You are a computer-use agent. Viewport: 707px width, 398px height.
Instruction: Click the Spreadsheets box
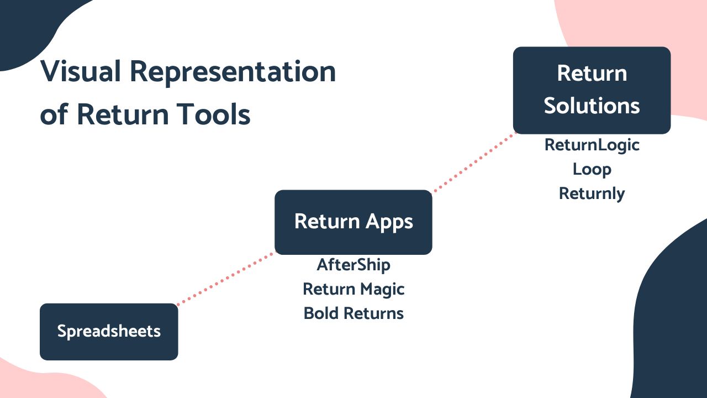tap(109, 332)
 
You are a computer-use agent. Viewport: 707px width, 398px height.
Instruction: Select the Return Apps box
tap(353, 222)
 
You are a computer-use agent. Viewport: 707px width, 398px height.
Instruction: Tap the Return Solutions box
tap(592, 90)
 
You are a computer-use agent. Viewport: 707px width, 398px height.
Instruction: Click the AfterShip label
tap(353, 265)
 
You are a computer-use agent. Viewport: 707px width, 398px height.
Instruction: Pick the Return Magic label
tap(353, 289)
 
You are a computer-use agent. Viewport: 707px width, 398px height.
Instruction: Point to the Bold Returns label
tap(353, 313)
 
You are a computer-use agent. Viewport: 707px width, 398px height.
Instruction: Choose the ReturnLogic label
tap(592, 145)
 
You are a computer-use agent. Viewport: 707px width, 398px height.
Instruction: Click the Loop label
tap(592, 169)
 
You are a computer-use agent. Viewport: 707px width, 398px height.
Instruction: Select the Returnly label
tap(592, 193)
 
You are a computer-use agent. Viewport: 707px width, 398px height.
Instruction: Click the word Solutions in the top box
tap(592, 106)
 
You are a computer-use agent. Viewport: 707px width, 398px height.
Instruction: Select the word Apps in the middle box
tap(389, 222)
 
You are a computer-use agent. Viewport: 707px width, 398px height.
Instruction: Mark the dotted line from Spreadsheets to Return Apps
tap(225, 279)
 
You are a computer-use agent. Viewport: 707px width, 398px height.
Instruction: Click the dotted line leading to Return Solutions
tap(474, 163)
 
